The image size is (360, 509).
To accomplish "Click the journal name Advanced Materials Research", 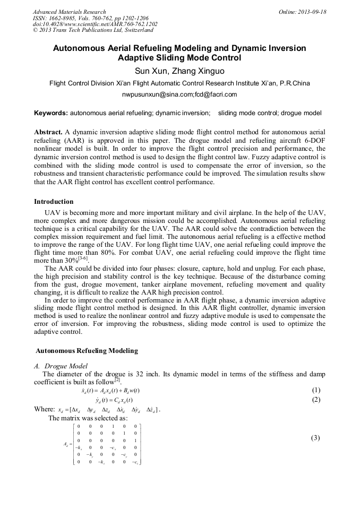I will (70, 12).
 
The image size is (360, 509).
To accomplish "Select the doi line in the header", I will (95, 24).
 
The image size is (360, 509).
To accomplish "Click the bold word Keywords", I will (51, 113).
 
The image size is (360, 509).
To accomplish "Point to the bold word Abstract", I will (48, 132).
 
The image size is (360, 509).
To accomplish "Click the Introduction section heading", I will (54, 202).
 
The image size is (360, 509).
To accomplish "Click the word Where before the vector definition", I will (44, 409).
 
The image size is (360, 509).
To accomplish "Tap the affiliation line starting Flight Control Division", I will (179, 83).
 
